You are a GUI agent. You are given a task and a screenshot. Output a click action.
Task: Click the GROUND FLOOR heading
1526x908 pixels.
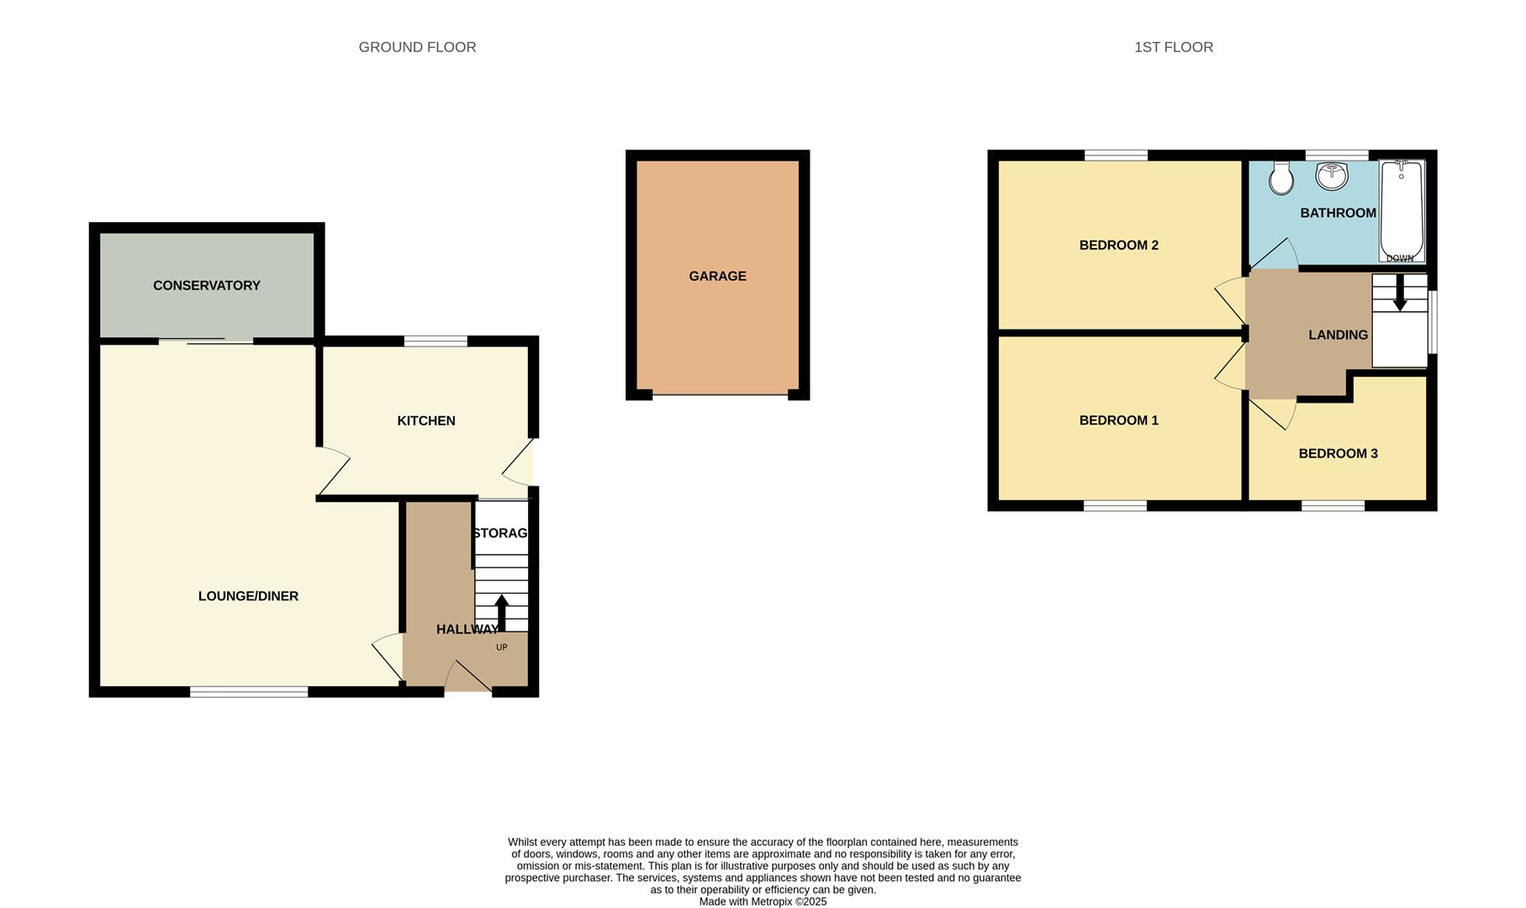tap(417, 47)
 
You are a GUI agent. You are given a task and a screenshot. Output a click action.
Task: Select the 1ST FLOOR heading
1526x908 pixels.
tap(1173, 47)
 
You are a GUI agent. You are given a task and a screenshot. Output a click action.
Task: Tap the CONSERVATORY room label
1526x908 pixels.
tap(207, 286)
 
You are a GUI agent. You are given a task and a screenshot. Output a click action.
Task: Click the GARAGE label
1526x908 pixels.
tap(717, 276)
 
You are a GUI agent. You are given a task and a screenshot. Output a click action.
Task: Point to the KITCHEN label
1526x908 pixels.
tap(426, 420)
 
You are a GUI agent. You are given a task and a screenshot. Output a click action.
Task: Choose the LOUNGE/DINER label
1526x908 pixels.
tap(248, 596)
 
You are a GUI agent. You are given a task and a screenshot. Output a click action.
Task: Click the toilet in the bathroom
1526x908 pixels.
tap(1280, 178)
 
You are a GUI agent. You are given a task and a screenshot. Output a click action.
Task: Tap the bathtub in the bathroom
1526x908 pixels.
tap(1402, 210)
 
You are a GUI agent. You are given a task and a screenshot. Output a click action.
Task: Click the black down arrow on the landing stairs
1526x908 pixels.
tap(1400, 293)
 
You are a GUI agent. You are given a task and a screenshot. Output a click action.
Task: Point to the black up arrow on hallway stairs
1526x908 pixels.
tap(501, 612)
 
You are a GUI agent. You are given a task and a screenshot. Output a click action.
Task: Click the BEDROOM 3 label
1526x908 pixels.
tap(1338, 454)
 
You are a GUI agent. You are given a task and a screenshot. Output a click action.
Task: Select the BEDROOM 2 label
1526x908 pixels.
tap(1118, 245)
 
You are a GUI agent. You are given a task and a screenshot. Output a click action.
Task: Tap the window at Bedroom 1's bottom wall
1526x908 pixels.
tap(1115, 505)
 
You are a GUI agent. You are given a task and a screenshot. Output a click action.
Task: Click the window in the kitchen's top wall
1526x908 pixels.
tap(436, 340)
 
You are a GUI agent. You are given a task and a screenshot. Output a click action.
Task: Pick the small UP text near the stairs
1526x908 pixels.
tap(502, 647)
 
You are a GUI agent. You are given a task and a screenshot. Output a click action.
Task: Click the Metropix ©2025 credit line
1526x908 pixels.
tap(763, 901)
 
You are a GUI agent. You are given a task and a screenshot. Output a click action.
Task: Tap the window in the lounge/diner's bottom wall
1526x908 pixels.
tap(249, 692)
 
